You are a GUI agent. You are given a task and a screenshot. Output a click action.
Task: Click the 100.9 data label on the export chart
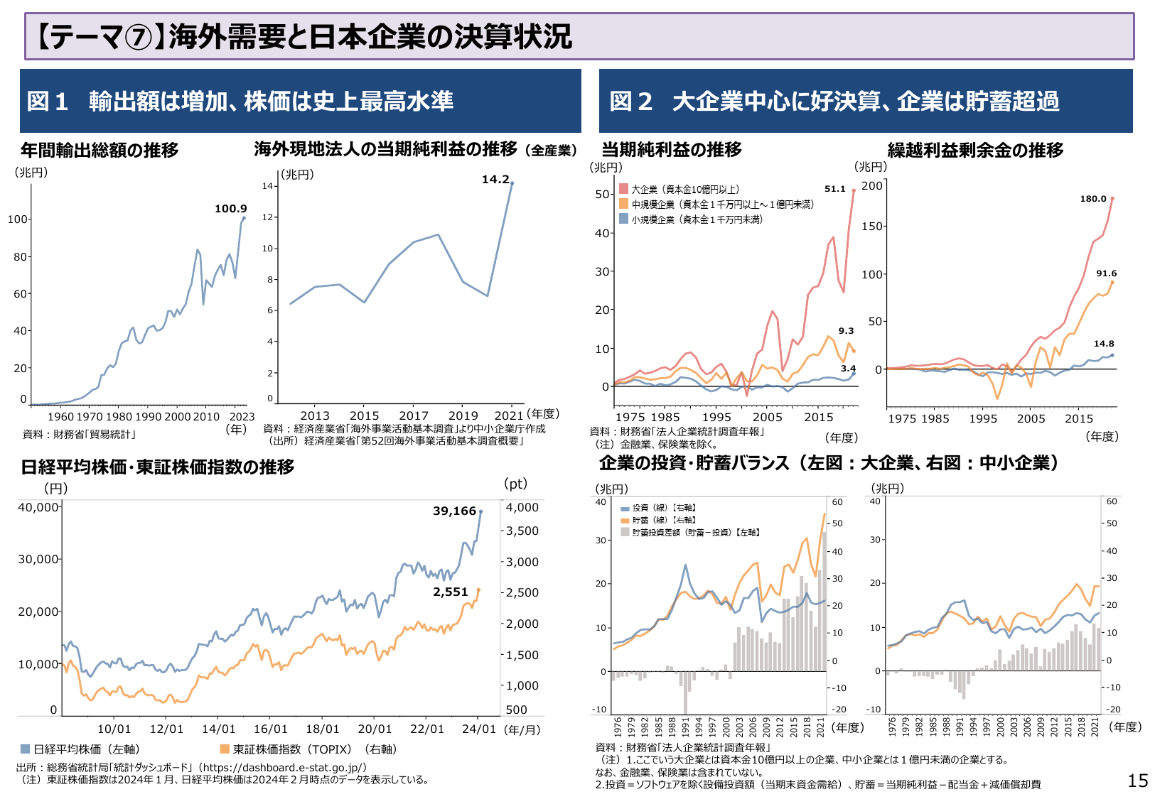[230, 209]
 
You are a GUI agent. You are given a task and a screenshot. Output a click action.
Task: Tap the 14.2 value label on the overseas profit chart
[495, 180]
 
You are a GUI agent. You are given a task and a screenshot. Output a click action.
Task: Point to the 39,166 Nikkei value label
[454, 511]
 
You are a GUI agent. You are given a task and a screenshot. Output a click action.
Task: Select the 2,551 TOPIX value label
[451, 592]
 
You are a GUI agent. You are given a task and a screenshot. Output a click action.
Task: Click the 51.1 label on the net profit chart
[834, 189]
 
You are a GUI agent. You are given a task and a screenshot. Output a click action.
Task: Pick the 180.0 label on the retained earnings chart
[1093, 199]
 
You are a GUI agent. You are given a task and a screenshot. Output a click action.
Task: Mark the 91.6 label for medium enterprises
[1106, 273]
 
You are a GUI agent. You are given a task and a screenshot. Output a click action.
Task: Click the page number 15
[1137, 781]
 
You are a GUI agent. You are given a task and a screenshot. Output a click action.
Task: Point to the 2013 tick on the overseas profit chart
[315, 416]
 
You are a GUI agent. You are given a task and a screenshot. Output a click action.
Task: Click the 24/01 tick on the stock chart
[478, 729]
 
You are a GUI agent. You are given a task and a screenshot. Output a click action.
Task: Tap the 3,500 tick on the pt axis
[522, 531]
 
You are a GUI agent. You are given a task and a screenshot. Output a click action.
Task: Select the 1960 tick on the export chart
[60, 417]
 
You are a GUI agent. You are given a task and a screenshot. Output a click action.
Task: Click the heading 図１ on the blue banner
[48, 102]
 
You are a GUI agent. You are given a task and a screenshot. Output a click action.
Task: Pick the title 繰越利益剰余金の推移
[975, 151]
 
